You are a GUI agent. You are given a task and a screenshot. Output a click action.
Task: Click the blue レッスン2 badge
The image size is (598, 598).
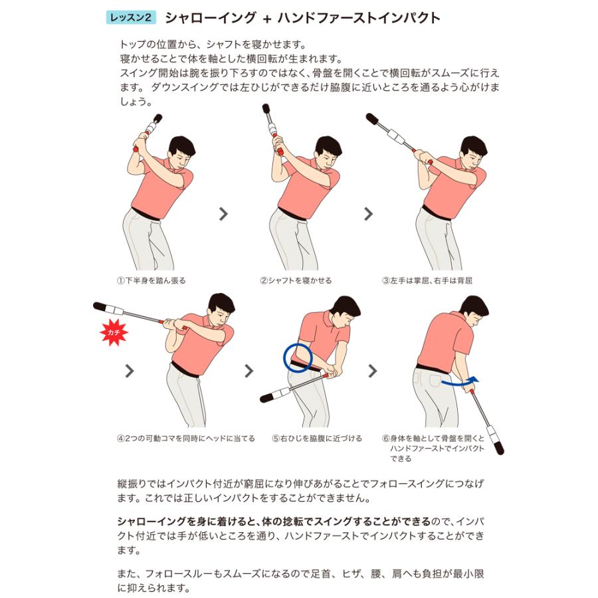(x=131, y=17)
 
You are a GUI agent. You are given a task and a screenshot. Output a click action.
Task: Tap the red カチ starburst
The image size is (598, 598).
(x=114, y=333)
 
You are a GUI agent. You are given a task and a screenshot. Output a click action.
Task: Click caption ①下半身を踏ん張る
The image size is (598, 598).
(x=151, y=280)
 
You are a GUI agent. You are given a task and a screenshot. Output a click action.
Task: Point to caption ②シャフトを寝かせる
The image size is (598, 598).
(x=296, y=280)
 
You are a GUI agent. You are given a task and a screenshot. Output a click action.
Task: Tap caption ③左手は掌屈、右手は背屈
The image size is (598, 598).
(x=427, y=280)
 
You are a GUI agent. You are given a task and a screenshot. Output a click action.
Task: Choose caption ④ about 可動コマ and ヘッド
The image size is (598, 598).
(x=186, y=439)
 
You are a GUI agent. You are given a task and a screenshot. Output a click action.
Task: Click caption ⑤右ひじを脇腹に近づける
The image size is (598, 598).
(x=317, y=439)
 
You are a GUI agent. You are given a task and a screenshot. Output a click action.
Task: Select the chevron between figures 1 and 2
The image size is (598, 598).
(x=223, y=214)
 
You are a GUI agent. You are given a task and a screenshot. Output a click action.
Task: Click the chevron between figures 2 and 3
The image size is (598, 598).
(x=368, y=214)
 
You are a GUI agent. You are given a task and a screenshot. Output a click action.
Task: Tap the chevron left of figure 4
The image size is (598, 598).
(x=130, y=371)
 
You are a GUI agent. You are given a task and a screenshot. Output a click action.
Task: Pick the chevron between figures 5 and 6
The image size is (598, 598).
(x=373, y=371)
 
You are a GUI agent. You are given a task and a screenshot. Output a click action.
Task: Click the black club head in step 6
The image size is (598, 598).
(x=499, y=447)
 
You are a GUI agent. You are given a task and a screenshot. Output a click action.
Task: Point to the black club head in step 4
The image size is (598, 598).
(x=100, y=306)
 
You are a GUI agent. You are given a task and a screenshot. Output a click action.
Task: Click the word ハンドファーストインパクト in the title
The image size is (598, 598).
(x=359, y=18)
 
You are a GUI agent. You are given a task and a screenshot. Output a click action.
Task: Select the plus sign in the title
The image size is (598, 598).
(x=266, y=19)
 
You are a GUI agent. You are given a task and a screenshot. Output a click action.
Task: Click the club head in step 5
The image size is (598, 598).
(x=268, y=398)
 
